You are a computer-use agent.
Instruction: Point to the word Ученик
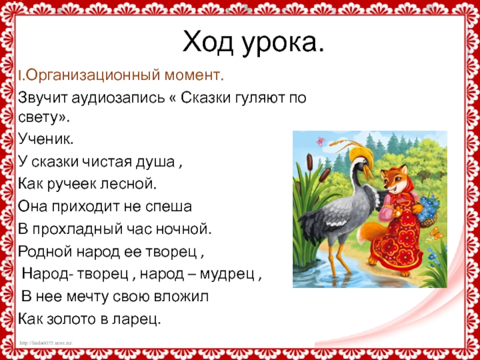point(46,139)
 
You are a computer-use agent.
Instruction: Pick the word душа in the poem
point(155,162)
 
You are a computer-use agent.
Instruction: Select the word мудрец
point(227,275)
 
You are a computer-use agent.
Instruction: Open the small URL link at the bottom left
point(46,343)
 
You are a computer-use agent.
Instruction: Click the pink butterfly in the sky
point(320,141)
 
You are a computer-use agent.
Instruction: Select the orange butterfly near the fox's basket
point(436,233)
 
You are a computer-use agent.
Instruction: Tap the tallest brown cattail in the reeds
point(310,162)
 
